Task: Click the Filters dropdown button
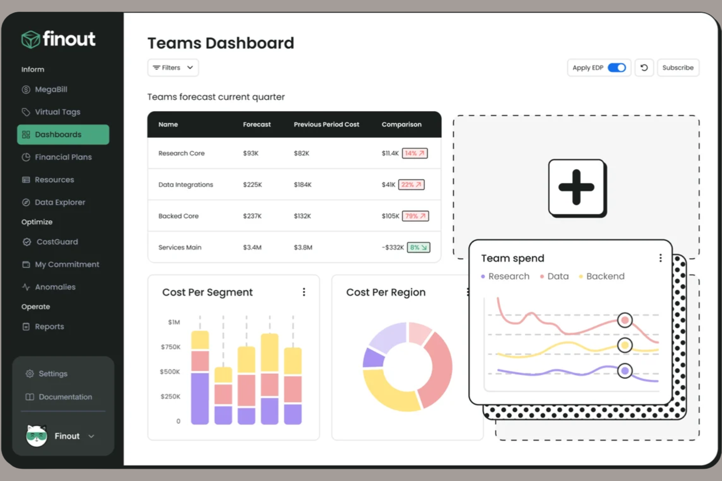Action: click(173, 68)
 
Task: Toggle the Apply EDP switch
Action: click(617, 68)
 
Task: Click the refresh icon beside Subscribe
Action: click(644, 68)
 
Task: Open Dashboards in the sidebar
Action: click(63, 135)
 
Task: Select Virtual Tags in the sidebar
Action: click(57, 112)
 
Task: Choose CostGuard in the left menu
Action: click(57, 242)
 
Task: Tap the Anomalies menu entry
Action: click(55, 287)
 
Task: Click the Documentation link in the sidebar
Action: click(65, 397)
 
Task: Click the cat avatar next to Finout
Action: click(37, 436)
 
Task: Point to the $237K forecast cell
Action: click(252, 216)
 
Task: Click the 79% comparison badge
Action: click(415, 216)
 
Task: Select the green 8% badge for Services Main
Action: click(419, 248)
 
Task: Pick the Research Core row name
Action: click(181, 154)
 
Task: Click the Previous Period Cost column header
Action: click(326, 125)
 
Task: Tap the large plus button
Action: click(577, 188)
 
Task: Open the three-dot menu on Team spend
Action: click(660, 258)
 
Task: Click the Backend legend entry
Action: click(605, 276)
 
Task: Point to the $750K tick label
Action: click(170, 347)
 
